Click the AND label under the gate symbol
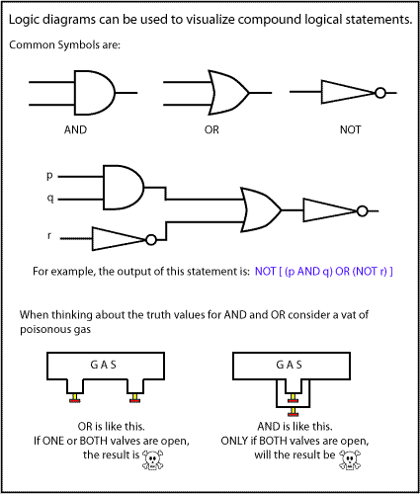coord(75,129)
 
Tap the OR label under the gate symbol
coord(211,129)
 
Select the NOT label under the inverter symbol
coord(351,129)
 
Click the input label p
coord(49,176)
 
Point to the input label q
coord(50,199)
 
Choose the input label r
coord(49,235)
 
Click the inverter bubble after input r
coord(151,240)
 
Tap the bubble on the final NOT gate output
coord(362,210)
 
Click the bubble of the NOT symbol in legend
coord(380,93)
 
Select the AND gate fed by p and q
coord(124,188)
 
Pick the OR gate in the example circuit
coord(261,209)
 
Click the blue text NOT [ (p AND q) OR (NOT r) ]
coord(324,272)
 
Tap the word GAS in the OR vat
coord(104,365)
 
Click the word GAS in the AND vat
coord(290,365)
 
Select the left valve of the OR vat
coord(75,398)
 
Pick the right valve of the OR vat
coord(134,398)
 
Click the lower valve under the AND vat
coord(293,412)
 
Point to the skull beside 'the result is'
coord(153,459)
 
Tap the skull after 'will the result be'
coord(350,459)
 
